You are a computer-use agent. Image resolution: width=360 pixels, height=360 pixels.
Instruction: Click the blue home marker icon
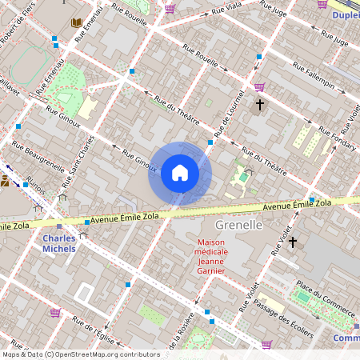180,173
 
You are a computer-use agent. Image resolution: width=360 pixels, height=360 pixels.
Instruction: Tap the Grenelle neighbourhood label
239,226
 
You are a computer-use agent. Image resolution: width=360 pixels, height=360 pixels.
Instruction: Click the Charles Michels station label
60,243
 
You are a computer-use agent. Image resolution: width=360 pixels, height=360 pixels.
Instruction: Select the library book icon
77,23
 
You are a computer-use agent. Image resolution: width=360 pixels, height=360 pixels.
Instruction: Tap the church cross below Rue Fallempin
259,104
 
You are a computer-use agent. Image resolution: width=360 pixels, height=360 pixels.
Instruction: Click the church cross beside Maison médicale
293,242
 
